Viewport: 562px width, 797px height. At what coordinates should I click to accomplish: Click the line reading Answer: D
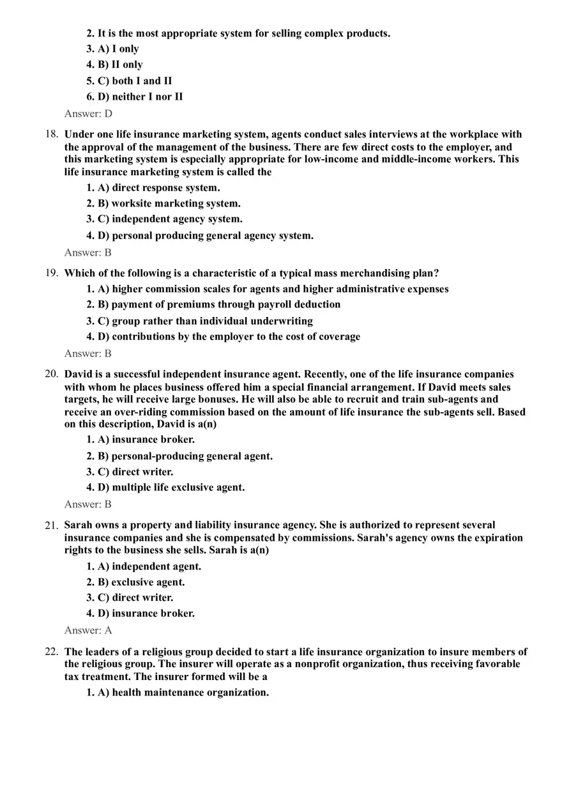pyautogui.click(x=88, y=114)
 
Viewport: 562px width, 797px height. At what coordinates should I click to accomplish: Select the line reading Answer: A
pyautogui.click(x=88, y=630)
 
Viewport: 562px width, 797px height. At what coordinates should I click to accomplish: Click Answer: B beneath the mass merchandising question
pyautogui.click(x=88, y=353)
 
